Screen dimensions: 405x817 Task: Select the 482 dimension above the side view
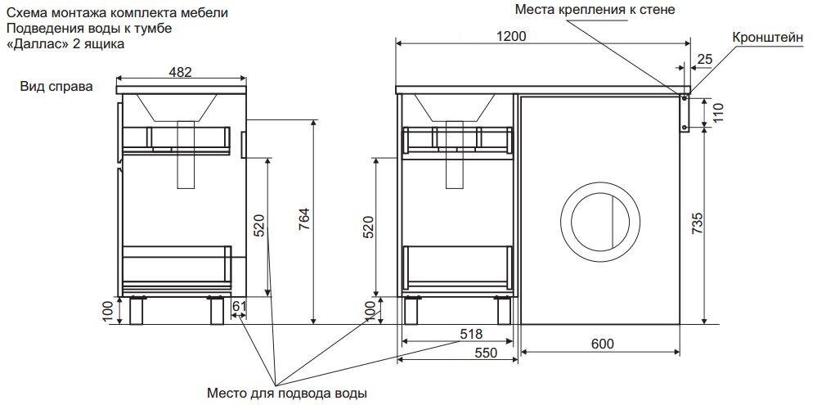[180, 72]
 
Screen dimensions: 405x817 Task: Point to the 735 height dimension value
[697, 223]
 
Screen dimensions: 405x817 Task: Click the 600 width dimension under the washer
[602, 344]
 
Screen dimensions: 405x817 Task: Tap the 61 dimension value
[240, 307]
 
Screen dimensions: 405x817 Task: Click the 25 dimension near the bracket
[705, 59]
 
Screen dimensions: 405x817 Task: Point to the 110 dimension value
[718, 113]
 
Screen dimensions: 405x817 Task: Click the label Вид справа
[57, 87]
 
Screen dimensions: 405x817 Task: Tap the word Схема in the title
[25, 13]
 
